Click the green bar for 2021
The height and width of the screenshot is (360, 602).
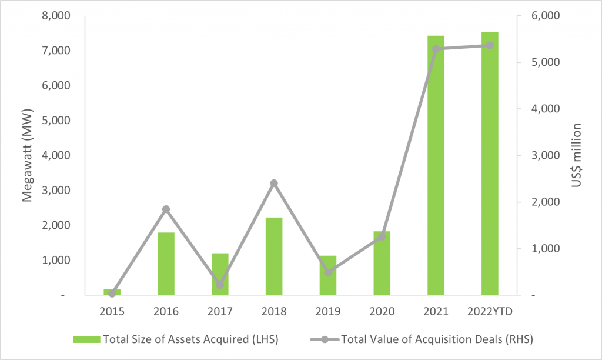(436, 165)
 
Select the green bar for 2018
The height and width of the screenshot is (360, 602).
(274, 256)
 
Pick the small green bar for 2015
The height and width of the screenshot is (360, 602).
(112, 292)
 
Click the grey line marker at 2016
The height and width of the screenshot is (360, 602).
(166, 209)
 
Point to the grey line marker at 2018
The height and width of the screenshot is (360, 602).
(274, 184)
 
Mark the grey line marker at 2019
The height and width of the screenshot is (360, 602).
(328, 272)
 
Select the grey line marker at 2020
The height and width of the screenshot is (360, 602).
(382, 236)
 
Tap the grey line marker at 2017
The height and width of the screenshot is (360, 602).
(220, 285)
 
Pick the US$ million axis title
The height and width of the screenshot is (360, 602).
(577, 155)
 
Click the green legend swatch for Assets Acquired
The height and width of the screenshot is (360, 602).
(87, 339)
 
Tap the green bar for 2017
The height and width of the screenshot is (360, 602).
(220, 274)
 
